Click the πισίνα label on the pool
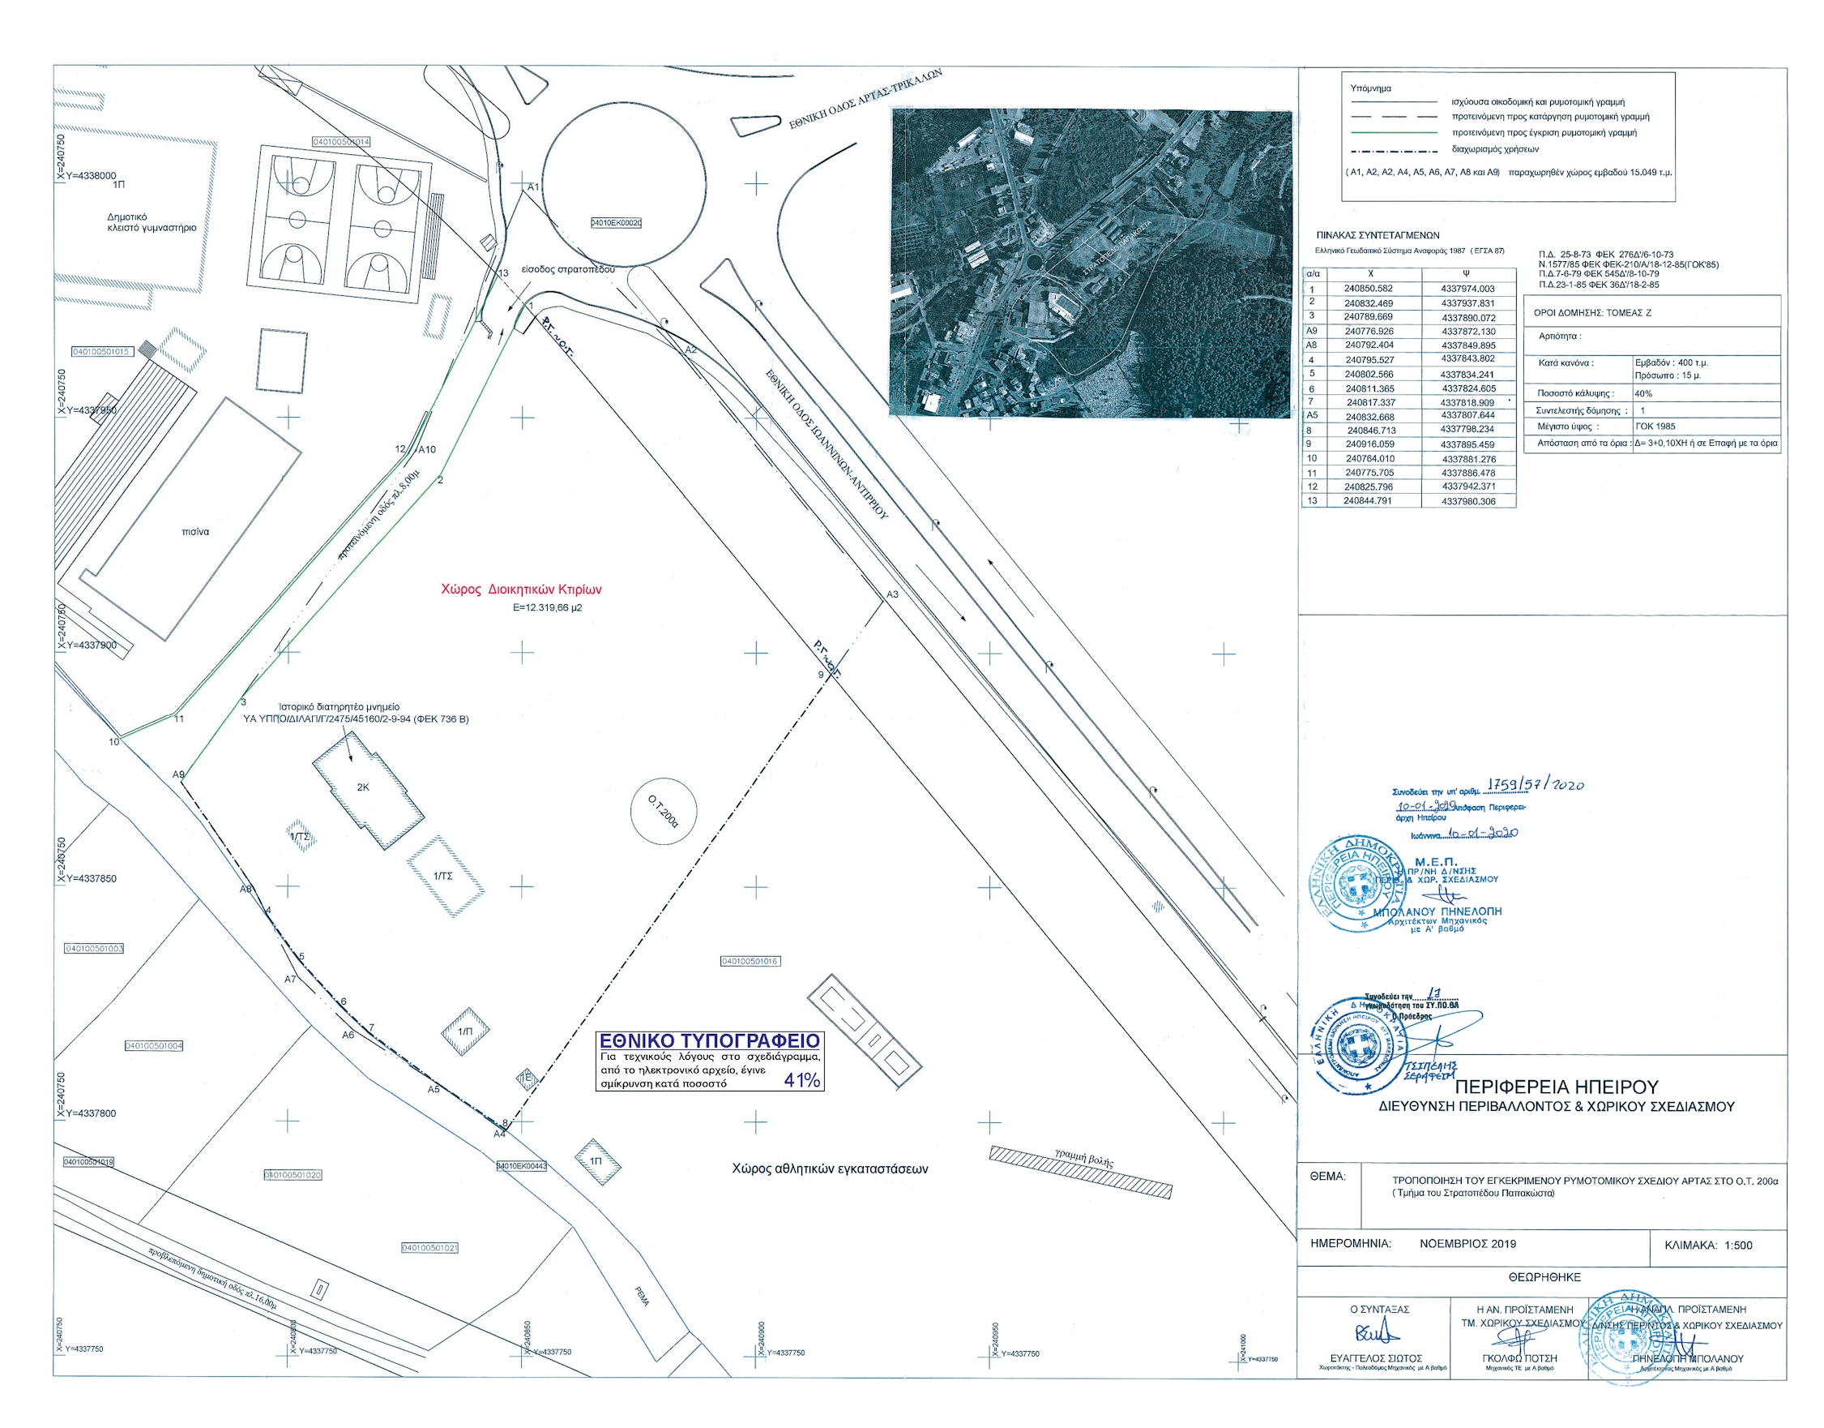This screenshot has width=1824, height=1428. (x=194, y=532)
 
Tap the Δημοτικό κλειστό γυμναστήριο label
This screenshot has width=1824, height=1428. (x=152, y=222)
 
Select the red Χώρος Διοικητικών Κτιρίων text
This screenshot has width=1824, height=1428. (x=520, y=590)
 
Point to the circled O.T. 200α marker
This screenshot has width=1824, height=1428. (x=664, y=810)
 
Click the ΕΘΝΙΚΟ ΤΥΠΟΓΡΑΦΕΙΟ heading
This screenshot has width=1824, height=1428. (x=710, y=1041)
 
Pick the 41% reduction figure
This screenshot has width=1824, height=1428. (x=801, y=1080)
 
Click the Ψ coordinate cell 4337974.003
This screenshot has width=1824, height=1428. (x=1467, y=289)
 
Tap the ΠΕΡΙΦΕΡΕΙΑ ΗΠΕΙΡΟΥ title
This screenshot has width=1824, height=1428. (x=1556, y=1087)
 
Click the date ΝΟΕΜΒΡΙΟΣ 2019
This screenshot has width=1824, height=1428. (x=1467, y=1243)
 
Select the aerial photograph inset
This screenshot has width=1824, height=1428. (x=1091, y=263)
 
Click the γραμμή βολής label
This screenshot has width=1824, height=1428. (x=1083, y=1158)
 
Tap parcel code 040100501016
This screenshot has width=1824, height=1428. (x=750, y=962)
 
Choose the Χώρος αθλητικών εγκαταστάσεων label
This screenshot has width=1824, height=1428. (x=829, y=1169)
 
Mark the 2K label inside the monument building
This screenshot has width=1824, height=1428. (x=363, y=787)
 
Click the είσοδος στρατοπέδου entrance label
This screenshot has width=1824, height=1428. (x=567, y=270)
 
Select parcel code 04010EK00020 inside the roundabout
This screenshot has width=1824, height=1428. (x=616, y=223)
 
